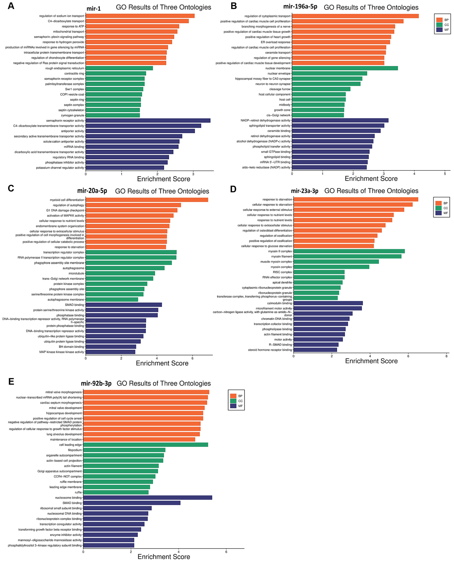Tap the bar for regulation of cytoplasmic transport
click(355, 16)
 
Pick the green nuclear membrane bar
click(345, 68)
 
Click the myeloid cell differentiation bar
click(147, 200)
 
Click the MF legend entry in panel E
click(237, 406)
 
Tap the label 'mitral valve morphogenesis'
click(64, 392)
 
